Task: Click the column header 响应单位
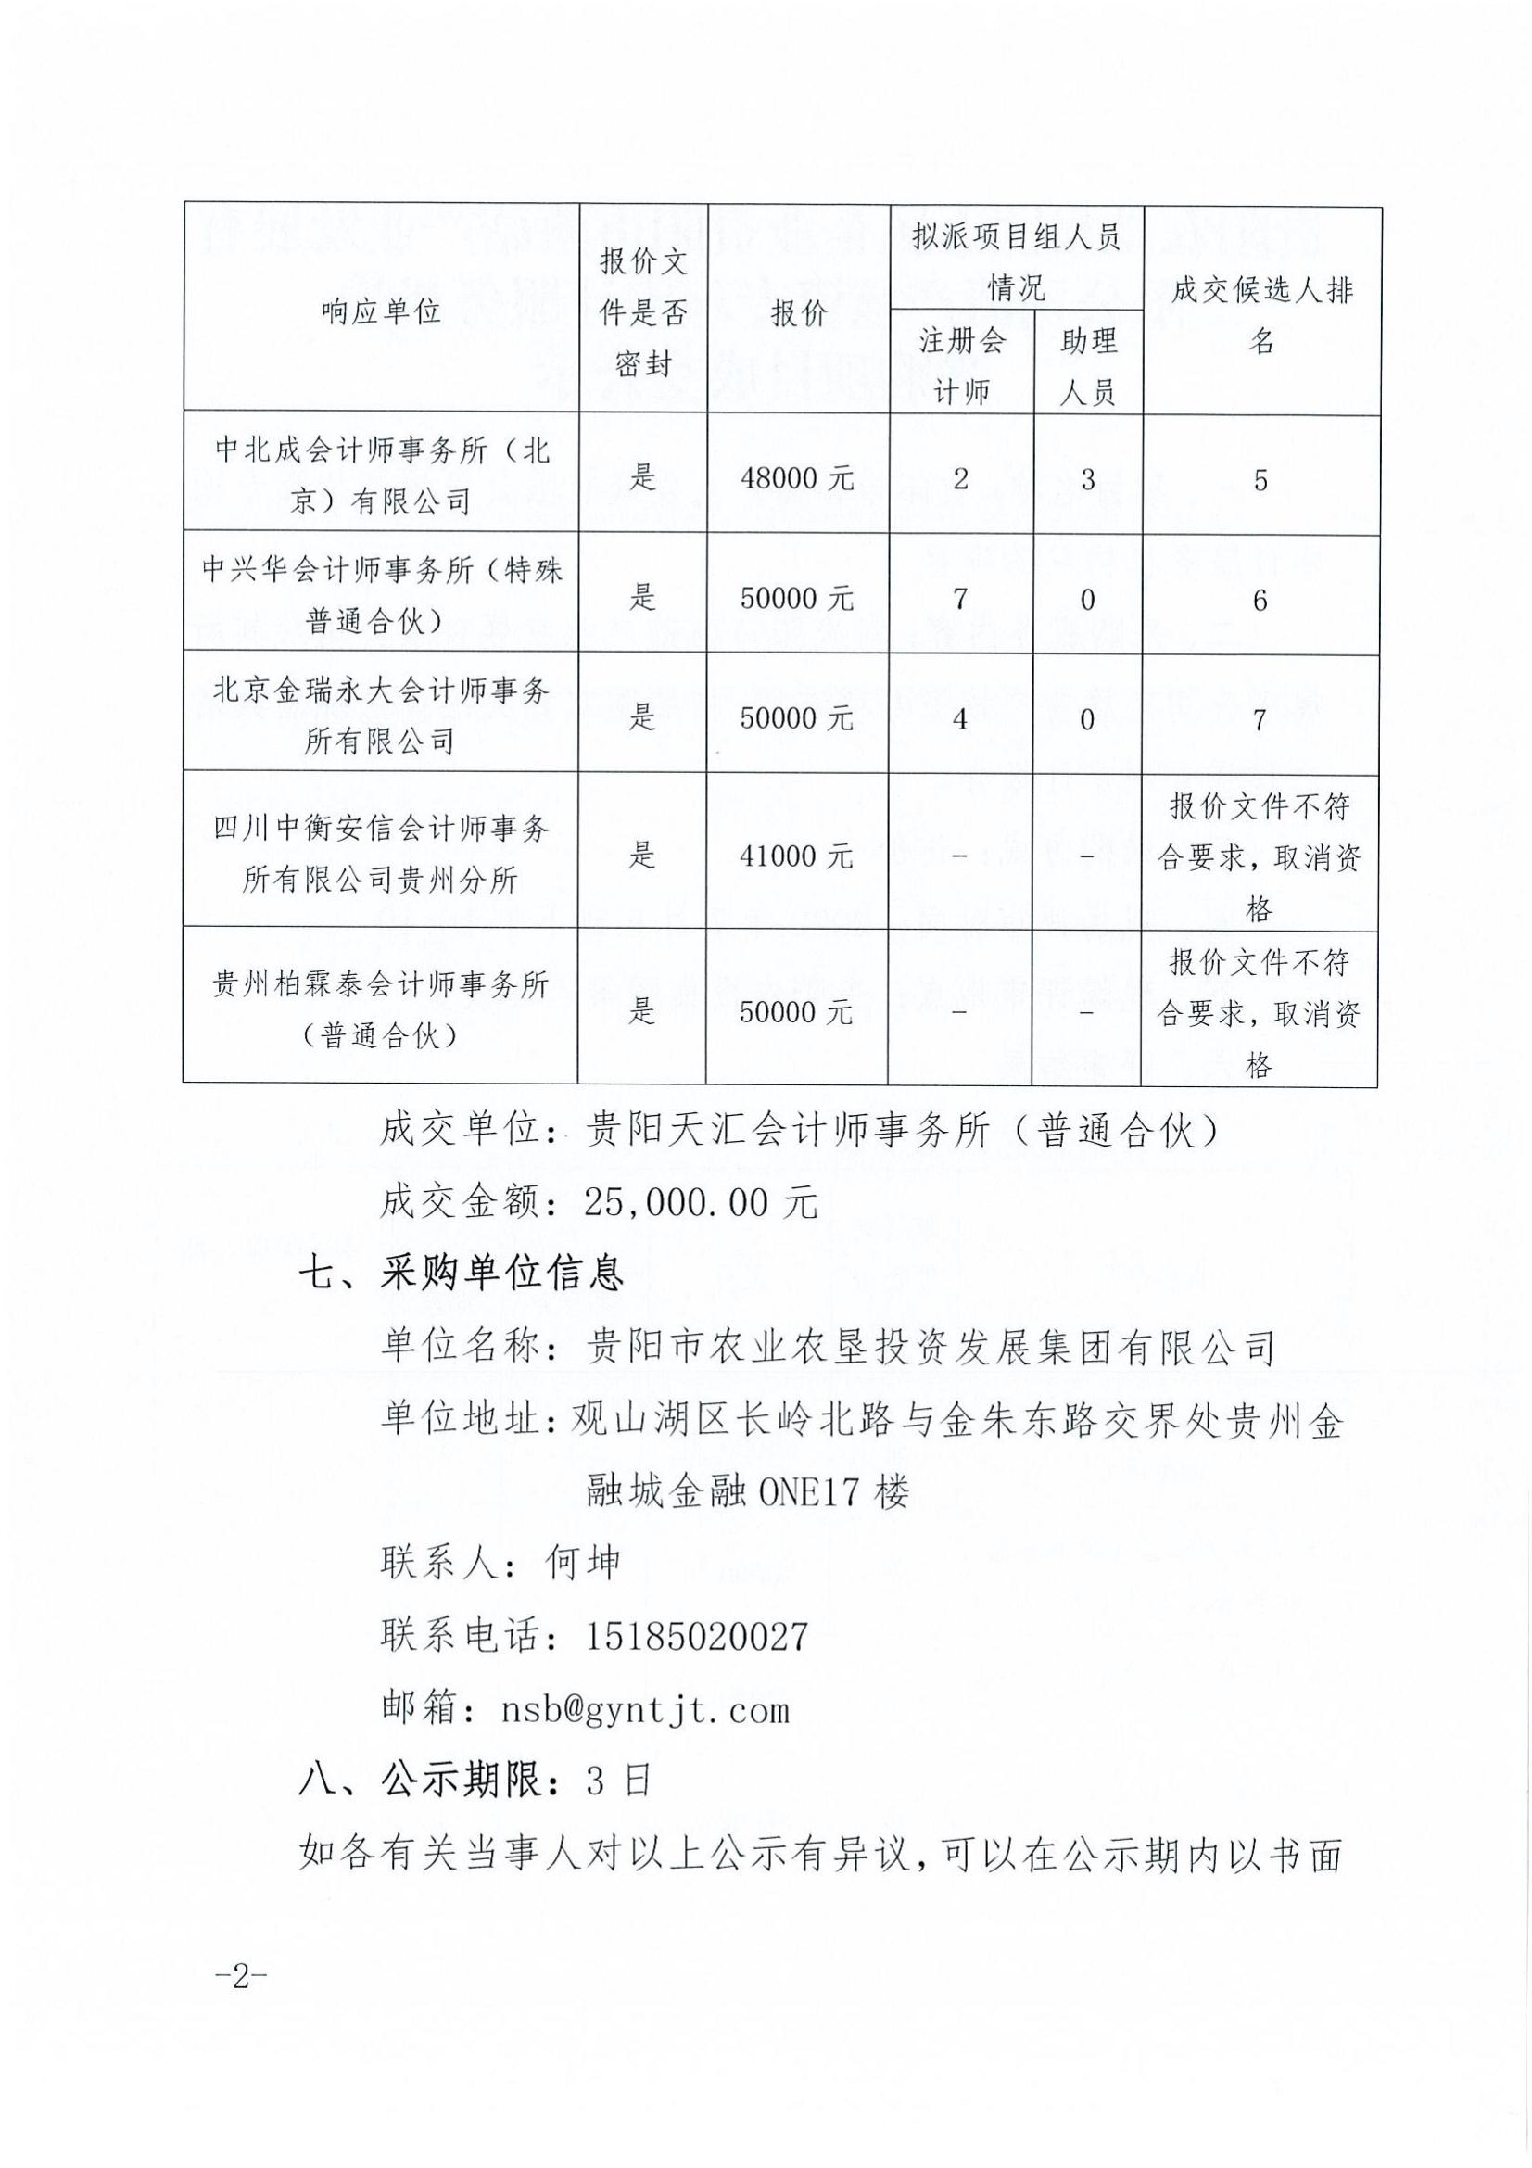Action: click(x=380, y=311)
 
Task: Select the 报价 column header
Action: click(x=798, y=312)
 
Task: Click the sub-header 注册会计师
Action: click(x=962, y=365)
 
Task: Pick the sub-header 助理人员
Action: click(x=1087, y=365)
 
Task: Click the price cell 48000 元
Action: click(x=798, y=477)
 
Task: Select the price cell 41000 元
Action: click(x=798, y=856)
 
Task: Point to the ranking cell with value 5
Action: click(x=1260, y=480)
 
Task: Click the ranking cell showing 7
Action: click(x=1260, y=719)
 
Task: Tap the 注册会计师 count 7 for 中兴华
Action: click(x=960, y=599)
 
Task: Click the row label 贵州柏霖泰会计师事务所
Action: click(x=380, y=1010)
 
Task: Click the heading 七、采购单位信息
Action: click(x=462, y=1274)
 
